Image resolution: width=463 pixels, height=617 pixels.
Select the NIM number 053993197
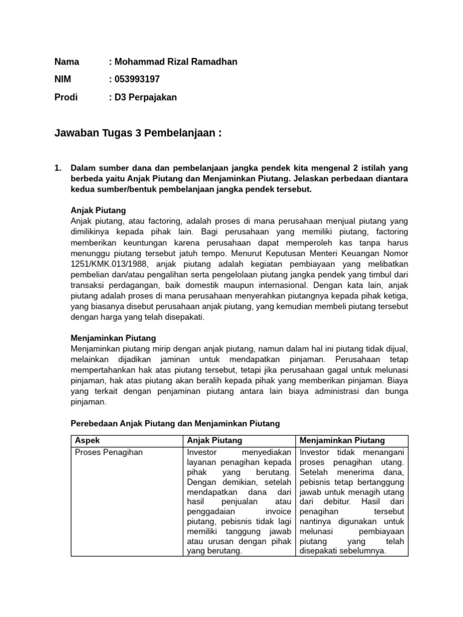(x=138, y=79)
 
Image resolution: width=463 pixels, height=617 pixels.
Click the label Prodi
(x=66, y=97)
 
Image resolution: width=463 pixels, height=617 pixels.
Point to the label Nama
(x=67, y=61)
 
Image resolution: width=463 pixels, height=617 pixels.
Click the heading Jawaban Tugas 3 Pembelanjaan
(x=138, y=133)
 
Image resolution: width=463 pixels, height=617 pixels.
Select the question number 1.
(x=57, y=168)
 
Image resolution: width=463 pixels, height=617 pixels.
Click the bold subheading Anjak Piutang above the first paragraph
(x=98, y=210)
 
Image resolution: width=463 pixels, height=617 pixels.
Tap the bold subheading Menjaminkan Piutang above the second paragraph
(x=113, y=338)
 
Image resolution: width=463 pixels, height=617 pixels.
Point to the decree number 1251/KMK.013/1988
(x=111, y=263)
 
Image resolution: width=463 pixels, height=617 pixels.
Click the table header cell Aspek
(x=85, y=440)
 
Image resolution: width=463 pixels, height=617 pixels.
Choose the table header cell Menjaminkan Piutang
(x=342, y=440)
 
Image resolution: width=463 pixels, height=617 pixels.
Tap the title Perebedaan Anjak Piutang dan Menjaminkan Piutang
(x=175, y=424)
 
